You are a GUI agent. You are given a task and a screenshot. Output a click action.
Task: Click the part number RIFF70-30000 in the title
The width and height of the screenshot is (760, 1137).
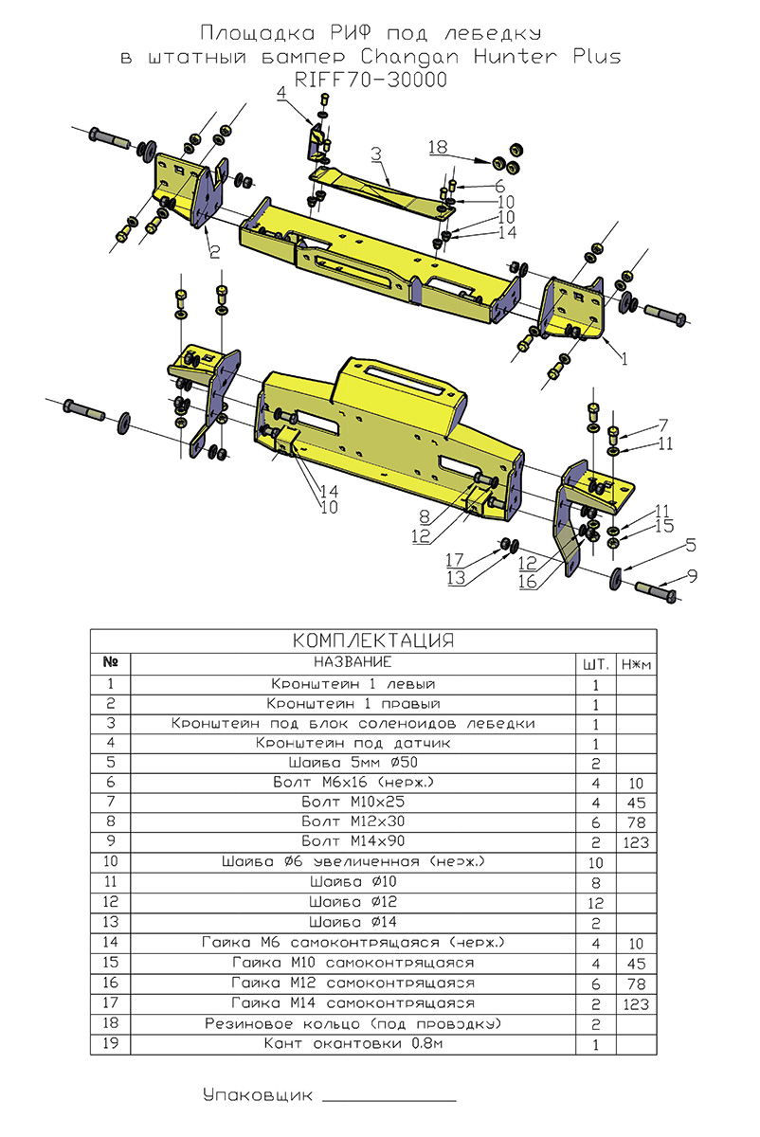(x=371, y=81)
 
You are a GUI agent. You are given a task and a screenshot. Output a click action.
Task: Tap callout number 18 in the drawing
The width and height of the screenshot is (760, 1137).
(x=437, y=148)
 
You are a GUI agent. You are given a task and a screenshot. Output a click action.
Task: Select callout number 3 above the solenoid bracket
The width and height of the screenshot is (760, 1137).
(x=376, y=153)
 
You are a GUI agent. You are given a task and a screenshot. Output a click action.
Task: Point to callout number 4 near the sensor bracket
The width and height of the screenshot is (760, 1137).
(x=281, y=93)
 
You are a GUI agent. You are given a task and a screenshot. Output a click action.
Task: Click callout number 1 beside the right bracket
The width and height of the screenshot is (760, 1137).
(x=624, y=359)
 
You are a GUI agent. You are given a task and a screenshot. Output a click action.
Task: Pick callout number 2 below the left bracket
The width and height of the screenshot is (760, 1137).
(x=214, y=251)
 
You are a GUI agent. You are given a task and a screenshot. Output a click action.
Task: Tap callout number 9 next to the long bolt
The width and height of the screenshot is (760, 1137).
(x=692, y=574)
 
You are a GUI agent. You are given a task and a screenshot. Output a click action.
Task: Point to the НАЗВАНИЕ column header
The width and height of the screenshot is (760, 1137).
(x=353, y=661)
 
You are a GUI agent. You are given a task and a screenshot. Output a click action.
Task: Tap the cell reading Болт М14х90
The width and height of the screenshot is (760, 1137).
(x=353, y=840)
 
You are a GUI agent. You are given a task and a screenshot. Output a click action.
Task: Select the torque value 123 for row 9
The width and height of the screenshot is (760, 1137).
(x=636, y=840)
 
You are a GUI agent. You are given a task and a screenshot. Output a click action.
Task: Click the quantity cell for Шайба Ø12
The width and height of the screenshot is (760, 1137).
(x=597, y=901)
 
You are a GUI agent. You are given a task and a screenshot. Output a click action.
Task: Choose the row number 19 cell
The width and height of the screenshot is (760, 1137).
(x=111, y=1044)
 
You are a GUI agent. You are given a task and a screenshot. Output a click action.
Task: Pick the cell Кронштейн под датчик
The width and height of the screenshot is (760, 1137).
(x=353, y=744)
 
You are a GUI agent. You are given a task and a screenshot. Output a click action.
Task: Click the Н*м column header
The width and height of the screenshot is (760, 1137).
(x=636, y=663)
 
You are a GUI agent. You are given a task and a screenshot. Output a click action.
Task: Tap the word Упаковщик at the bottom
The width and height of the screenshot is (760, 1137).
(x=257, y=1096)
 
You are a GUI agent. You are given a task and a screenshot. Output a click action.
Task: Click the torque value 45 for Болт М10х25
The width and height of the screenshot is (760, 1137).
(x=636, y=801)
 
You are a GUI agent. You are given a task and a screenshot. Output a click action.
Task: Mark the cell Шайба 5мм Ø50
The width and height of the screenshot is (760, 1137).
(x=353, y=762)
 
